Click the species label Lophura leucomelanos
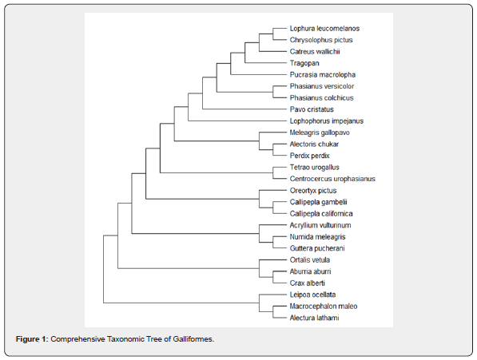pos(324,29)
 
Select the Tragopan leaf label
pos(304,63)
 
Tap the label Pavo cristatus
pos(312,109)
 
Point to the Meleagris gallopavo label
pos(320,133)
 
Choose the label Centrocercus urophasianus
pos(332,179)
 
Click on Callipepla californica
pos(321,214)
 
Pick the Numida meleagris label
pos(317,237)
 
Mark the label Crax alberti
pos(308,283)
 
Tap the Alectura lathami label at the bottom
pos(314,318)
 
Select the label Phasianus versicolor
pos(322,86)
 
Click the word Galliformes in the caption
pos(193,339)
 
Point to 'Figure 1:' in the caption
pos(32,339)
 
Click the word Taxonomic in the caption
pos(125,339)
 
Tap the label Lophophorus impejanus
pos(327,121)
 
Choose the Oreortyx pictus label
pos(313,191)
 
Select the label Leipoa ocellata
pos(312,295)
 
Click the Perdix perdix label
pos(310,156)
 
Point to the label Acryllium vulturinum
pos(320,225)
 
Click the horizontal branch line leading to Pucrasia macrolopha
pos(259,75)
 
